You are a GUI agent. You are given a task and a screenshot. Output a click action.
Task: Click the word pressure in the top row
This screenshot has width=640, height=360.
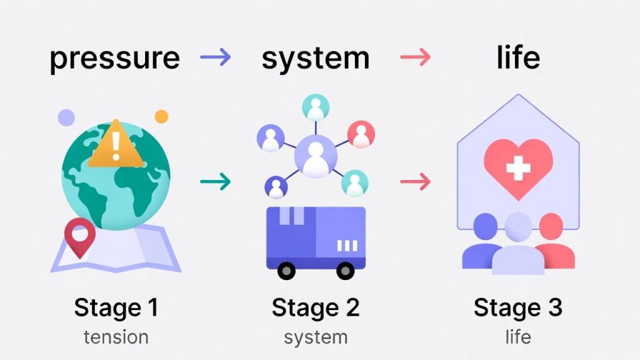pos(115,58)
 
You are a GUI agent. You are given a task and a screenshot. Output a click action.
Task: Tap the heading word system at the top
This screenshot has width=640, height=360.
pos(316,58)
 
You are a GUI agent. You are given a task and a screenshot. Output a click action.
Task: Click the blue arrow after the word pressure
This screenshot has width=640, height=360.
pos(216,57)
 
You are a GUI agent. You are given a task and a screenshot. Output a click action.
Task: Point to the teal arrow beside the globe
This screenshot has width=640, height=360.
pos(216,182)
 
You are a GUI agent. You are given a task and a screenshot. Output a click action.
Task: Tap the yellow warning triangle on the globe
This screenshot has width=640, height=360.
pos(116,146)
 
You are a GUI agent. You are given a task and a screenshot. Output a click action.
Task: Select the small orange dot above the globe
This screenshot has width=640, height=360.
pos(161,117)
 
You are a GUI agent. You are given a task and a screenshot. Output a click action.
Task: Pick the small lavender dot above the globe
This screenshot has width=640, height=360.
pos(66,117)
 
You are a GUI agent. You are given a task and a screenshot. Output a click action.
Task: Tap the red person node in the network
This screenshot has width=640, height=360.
pos(361,134)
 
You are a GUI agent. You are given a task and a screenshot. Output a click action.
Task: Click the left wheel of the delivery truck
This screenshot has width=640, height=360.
pos(287,270)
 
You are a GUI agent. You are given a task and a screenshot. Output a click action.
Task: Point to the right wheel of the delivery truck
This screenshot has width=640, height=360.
pos(345,270)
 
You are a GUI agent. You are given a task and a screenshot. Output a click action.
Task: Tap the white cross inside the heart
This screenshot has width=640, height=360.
pos(518,167)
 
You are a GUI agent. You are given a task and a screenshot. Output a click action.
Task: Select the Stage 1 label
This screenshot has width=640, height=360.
pos(116,307)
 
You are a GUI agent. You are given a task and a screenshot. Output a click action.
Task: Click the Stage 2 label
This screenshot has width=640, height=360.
pos(316,307)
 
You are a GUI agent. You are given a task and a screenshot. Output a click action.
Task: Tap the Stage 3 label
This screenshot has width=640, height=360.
pos(518,307)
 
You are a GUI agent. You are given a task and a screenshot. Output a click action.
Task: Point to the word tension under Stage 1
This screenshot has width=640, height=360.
pos(116,337)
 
